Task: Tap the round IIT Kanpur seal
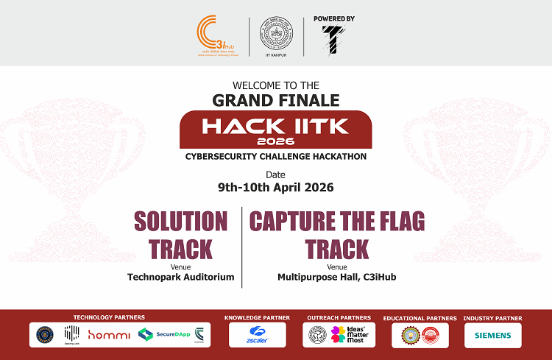pos(276,33)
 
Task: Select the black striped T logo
pos(333,39)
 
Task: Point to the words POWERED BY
pos(334,18)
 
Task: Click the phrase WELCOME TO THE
pos(275,84)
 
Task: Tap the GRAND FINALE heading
pos(276,99)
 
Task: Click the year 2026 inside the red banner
pos(275,140)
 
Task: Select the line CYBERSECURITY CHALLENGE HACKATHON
pos(276,156)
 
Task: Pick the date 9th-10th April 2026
pos(276,187)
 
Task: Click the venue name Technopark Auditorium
pos(181,277)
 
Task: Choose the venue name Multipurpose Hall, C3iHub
pos(336,277)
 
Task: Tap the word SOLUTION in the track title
pos(181,221)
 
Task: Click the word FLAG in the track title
pos(389,221)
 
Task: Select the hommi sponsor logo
pos(109,335)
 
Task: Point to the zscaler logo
pos(257,335)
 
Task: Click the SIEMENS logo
pos(493,335)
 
